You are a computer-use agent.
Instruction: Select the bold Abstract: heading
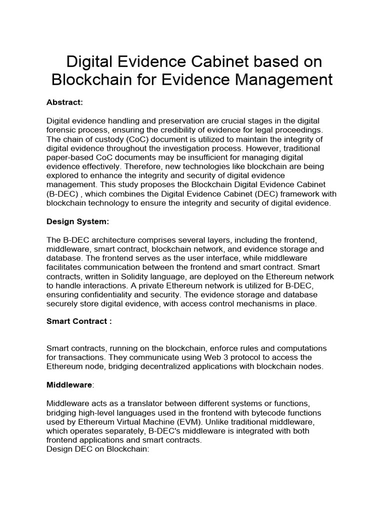pyautogui.click(x=64, y=102)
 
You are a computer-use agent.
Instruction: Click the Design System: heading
pyautogui.click(x=77, y=222)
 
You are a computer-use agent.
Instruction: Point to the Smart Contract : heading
pyautogui.click(x=79, y=321)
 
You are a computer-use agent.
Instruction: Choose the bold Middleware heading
pyautogui.click(x=69, y=386)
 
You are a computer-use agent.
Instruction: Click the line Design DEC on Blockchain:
pyautogui.click(x=98, y=449)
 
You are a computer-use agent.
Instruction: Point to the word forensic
pyautogui.click(x=63, y=131)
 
